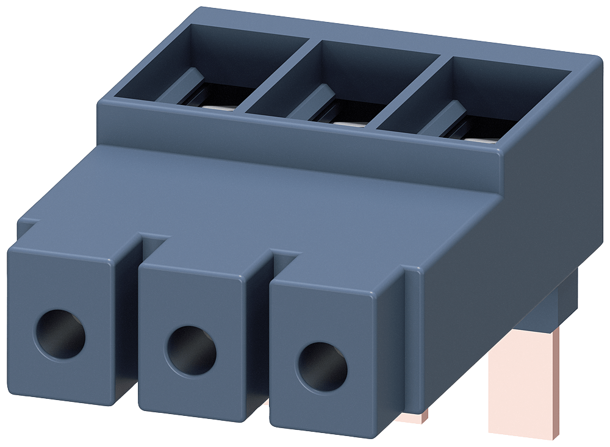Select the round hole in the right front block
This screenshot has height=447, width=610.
321,367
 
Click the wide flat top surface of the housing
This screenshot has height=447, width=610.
274,195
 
